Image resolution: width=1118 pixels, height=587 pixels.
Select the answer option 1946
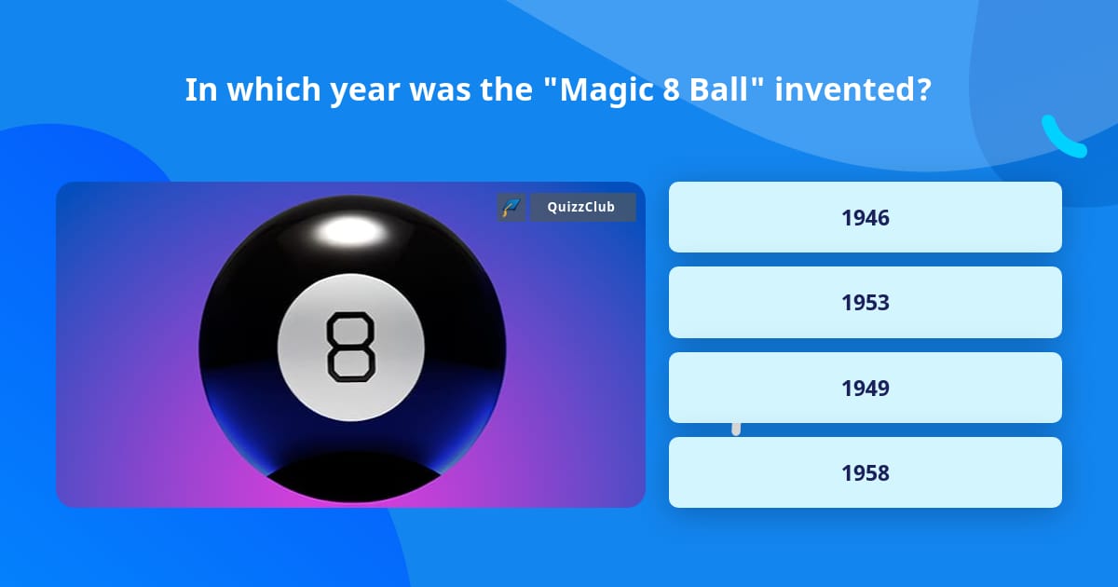pos(865,217)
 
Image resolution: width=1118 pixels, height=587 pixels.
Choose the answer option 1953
pos(865,302)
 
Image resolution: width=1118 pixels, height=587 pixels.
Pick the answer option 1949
pos(865,388)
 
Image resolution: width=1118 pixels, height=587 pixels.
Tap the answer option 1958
pos(865,472)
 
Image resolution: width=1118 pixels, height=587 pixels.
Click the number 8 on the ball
pos(350,347)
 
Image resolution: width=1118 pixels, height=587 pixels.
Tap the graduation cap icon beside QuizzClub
pos(511,208)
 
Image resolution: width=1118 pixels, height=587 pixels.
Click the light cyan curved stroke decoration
pos(1062,138)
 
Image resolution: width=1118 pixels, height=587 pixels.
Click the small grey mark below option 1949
pos(736,429)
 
